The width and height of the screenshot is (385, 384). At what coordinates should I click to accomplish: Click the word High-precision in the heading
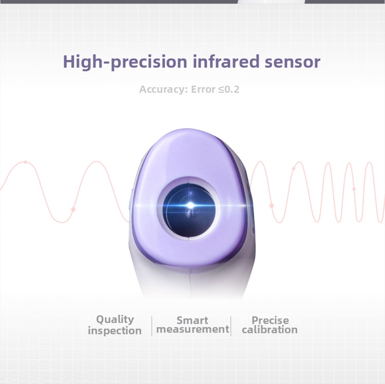click(x=125, y=62)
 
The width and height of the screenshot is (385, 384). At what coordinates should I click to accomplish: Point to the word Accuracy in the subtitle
click(x=163, y=89)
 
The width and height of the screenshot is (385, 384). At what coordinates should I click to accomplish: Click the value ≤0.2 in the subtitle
click(x=228, y=89)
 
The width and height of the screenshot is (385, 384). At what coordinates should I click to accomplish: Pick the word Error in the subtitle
click(x=204, y=89)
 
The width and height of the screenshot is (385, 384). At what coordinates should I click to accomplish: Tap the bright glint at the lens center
click(x=190, y=205)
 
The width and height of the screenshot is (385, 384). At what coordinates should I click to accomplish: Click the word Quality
click(x=115, y=319)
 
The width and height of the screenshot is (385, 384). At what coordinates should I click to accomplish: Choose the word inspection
click(x=114, y=331)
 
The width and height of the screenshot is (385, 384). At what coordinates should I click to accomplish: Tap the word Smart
click(x=192, y=320)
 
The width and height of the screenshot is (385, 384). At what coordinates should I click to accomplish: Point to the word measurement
click(x=192, y=330)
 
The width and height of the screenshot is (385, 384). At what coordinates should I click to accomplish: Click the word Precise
click(x=270, y=320)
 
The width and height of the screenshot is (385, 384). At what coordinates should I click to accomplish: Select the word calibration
click(x=269, y=330)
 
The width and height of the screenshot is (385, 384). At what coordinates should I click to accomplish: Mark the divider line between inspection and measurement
click(x=152, y=326)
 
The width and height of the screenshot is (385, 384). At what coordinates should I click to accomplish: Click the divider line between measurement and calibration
click(x=231, y=326)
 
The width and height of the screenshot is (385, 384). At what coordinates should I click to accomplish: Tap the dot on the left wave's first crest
click(x=25, y=162)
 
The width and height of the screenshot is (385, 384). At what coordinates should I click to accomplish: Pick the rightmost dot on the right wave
click(x=354, y=189)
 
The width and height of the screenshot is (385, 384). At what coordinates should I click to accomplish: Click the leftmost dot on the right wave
click(x=272, y=206)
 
